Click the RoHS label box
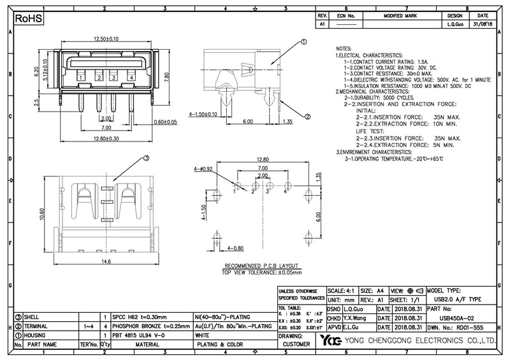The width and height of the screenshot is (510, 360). click(x=29, y=19)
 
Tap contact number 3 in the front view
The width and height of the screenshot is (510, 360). click(x=113, y=77)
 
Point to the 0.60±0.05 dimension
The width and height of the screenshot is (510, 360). click(x=164, y=121)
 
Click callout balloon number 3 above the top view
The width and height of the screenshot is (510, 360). click(x=145, y=158)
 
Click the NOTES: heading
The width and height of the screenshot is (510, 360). click(x=344, y=49)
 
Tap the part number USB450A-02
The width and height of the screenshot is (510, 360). click(x=459, y=317)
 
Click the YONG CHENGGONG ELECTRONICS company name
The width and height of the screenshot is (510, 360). click(x=421, y=341)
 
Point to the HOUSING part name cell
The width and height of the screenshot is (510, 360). click(x=35, y=334)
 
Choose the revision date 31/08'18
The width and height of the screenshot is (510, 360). click(x=483, y=24)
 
